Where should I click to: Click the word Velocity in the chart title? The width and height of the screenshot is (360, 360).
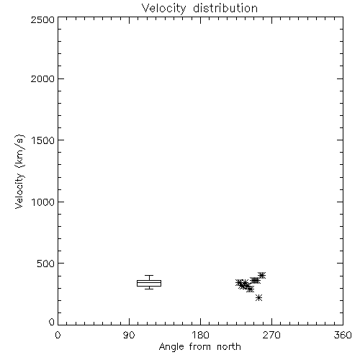[163, 9]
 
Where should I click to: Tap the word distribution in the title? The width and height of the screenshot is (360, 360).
[225, 8]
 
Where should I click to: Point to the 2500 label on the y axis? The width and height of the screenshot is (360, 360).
[42, 19]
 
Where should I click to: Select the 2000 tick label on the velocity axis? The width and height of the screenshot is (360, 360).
[42, 78]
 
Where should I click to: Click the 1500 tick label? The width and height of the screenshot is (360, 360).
[43, 140]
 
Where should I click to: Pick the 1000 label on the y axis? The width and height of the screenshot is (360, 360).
[43, 202]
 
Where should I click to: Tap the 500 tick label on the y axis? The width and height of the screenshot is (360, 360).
[45, 264]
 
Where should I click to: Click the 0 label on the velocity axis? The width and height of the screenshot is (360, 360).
[52, 322]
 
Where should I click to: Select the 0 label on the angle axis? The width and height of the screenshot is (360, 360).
[58, 335]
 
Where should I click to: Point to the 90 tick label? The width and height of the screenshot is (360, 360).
[129, 335]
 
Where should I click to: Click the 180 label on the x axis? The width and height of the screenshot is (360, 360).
[200, 335]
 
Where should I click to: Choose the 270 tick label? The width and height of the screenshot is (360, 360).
[271, 335]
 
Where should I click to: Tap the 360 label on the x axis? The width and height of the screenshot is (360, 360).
[343, 335]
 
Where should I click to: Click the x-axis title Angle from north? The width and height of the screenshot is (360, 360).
[200, 347]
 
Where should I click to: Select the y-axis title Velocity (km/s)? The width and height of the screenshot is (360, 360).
[19, 171]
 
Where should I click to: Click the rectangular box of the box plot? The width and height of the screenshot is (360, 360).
[149, 280]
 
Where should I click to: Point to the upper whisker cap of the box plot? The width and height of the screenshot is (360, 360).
[149, 275]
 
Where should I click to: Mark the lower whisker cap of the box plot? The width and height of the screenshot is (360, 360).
[149, 289]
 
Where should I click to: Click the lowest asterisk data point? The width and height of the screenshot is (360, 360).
[258, 298]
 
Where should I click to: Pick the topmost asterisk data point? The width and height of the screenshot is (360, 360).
[262, 275]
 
